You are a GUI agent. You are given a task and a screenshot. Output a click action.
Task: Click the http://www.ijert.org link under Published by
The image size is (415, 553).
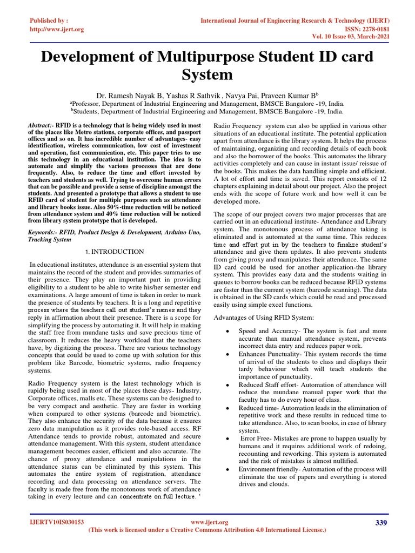click(57, 29)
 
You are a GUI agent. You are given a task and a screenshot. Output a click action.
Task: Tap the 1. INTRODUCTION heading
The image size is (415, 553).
click(115, 252)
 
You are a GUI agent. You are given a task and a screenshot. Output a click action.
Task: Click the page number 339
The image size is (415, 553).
click(381, 522)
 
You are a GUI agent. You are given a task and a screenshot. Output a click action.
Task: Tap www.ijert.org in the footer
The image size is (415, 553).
click(210, 522)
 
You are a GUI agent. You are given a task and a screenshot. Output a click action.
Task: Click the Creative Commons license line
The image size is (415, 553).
click(207, 530)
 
